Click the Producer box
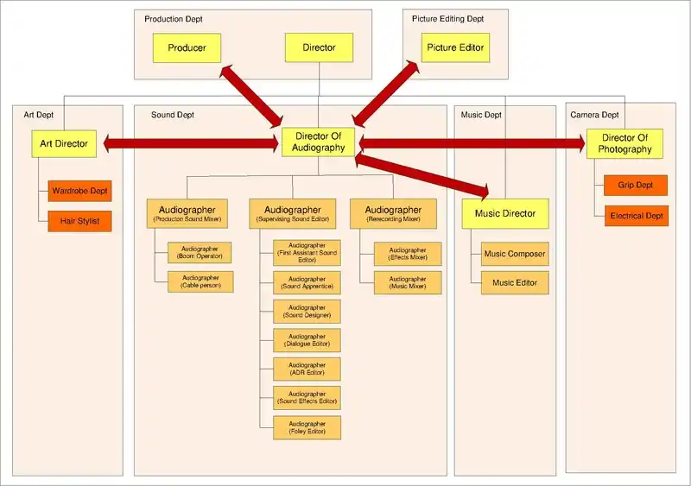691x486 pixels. pyautogui.click(x=187, y=48)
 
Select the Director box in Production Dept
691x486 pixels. pyautogui.click(x=319, y=48)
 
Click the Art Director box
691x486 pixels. pyautogui.click(x=64, y=144)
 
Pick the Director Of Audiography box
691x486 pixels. pyautogui.click(x=320, y=142)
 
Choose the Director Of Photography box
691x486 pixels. pyautogui.click(x=624, y=143)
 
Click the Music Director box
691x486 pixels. pyautogui.click(x=505, y=213)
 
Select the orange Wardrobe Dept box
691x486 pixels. pyautogui.click(x=80, y=190)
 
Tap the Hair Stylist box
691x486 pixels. pyautogui.click(x=80, y=221)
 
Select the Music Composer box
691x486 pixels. pyautogui.click(x=514, y=254)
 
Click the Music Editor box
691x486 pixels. pyautogui.click(x=514, y=282)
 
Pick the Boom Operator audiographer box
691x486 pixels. pyautogui.click(x=200, y=252)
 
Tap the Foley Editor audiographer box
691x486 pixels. pyautogui.click(x=307, y=427)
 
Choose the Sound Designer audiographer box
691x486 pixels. pyautogui.click(x=307, y=311)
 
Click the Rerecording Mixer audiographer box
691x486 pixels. pyautogui.click(x=393, y=213)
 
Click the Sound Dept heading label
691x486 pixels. pyautogui.click(x=173, y=115)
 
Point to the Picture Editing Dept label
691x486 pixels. pyautogui.click(x=447, y=18)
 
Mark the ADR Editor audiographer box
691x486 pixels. pyautogui.click(x=307, y=369)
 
